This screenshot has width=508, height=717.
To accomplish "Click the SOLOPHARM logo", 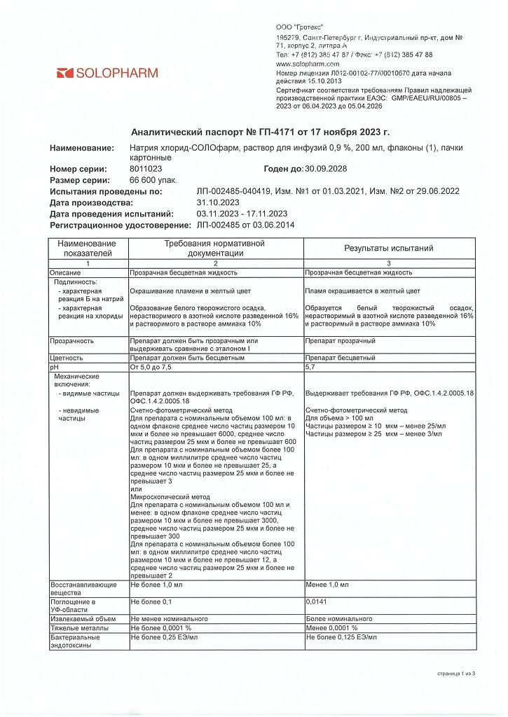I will coord(107,73).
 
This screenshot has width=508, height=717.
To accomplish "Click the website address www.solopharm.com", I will coord(308,64).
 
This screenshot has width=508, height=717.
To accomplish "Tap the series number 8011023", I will coord(146,169).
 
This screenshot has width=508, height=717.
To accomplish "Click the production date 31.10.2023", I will coord(219,203).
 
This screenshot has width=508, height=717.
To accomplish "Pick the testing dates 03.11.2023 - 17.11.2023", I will coord(242,214).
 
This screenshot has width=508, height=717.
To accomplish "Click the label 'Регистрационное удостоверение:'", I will coord(120,225).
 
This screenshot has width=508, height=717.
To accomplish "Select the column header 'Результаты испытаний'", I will coord(388,249).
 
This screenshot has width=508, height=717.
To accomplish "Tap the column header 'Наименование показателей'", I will coord(88,249).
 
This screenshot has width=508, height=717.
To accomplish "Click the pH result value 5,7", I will coord(311,367).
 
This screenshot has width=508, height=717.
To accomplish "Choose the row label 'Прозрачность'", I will coord(71,341).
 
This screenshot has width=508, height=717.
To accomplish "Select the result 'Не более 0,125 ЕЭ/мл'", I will coord(341,638).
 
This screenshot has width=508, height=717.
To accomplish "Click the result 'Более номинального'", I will coord(339,620).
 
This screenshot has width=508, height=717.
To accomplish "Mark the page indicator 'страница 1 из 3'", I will coord(455,674).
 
